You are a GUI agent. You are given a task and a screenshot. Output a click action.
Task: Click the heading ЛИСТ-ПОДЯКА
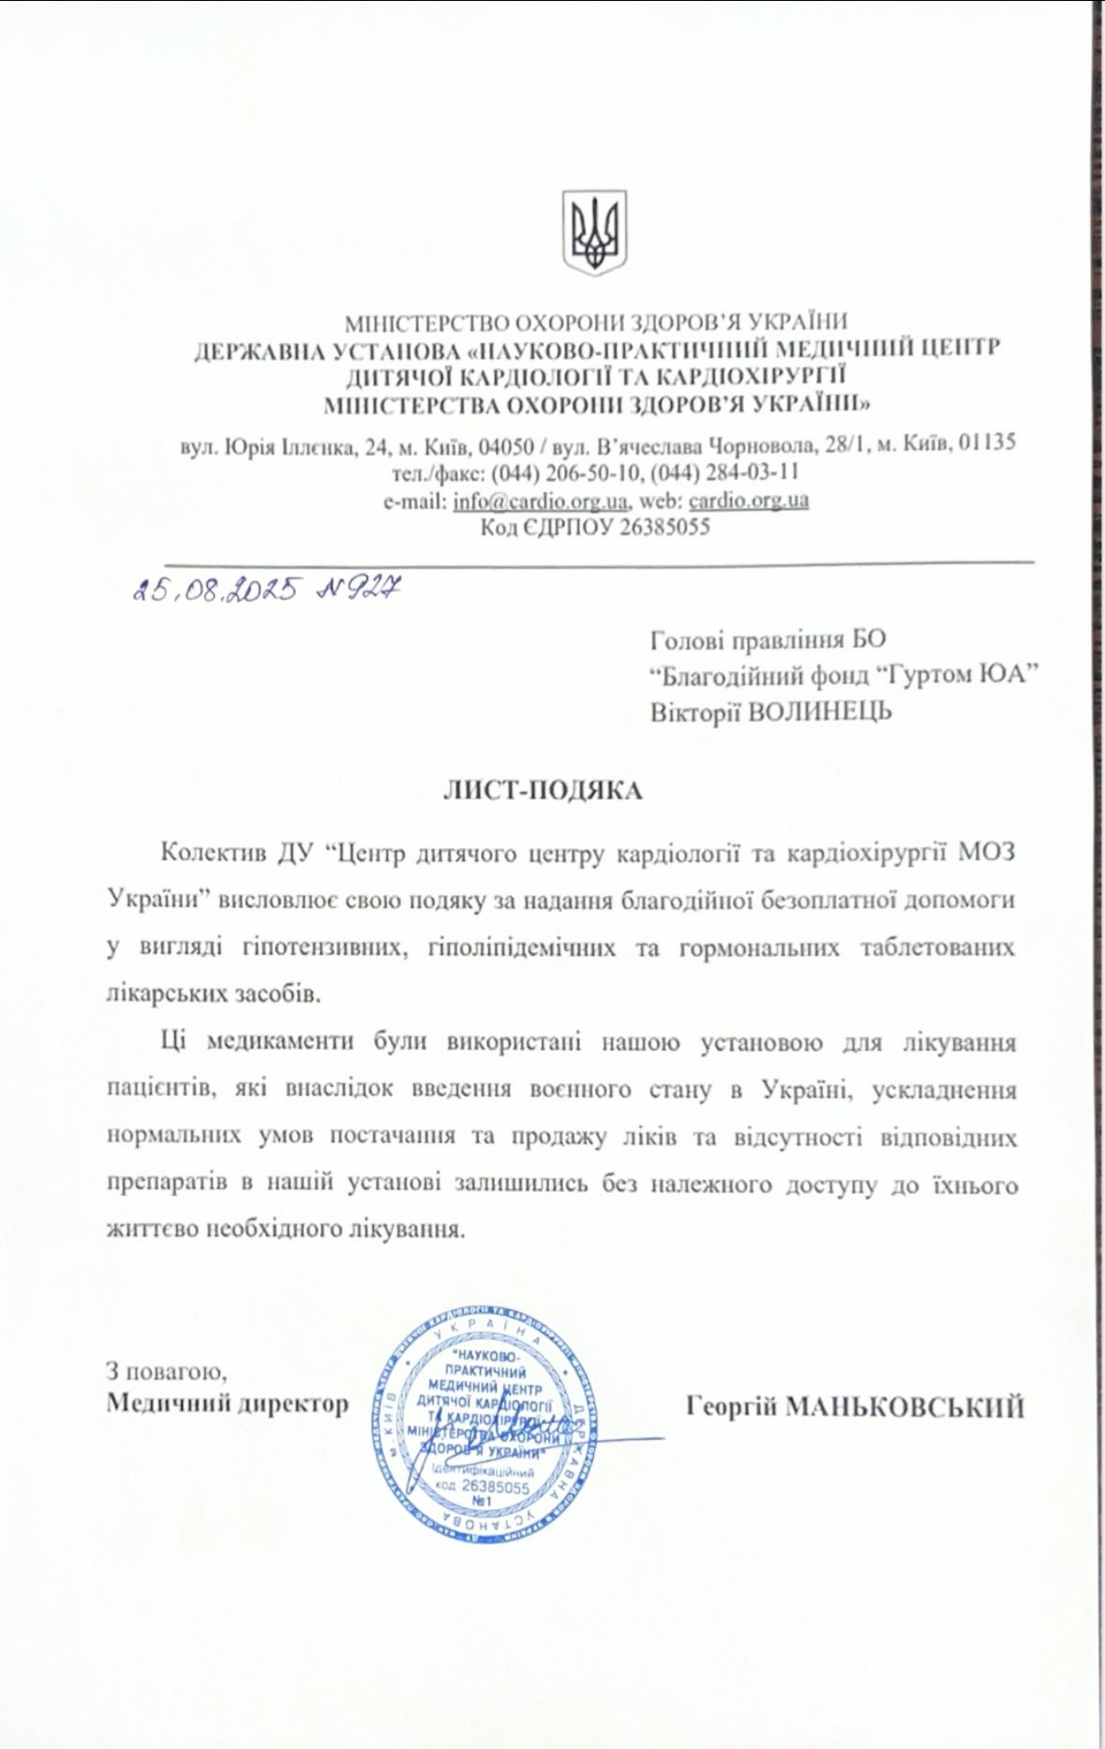pyautogui.click(x=543, y=790)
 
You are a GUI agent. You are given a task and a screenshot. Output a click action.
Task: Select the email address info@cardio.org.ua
pyautogui.click(x=541, y=500)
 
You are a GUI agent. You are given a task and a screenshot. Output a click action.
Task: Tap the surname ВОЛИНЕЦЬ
pyautogui.click(x=819, y=711)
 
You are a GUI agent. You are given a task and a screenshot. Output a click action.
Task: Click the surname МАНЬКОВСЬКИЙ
pyautogui.click(x=903, y=1406)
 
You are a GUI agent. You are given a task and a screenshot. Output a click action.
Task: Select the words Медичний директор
pyautogui.click(x=228, y=1403)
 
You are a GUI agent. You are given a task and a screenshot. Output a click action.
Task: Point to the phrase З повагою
pyautogui.click(x=167, y=1371)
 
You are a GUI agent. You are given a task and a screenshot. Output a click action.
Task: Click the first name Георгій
pyautogui.click(x=729, y=1406)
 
